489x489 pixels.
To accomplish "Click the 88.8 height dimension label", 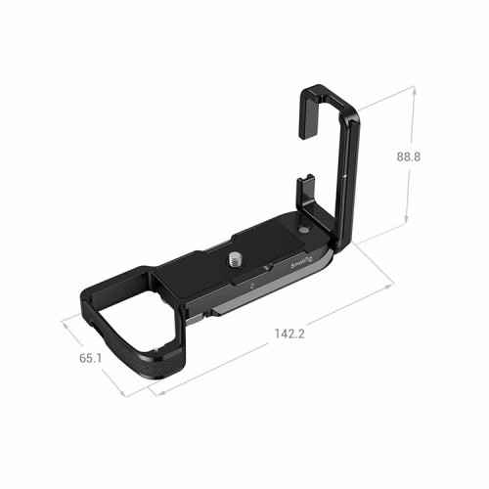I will pos(436,156).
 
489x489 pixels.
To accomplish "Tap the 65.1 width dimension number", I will pos(89,359).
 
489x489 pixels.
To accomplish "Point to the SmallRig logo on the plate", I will pos(302,262).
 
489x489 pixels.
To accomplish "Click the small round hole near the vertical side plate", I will pos(304,230).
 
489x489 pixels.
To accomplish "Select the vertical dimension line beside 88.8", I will pos(412,156).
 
